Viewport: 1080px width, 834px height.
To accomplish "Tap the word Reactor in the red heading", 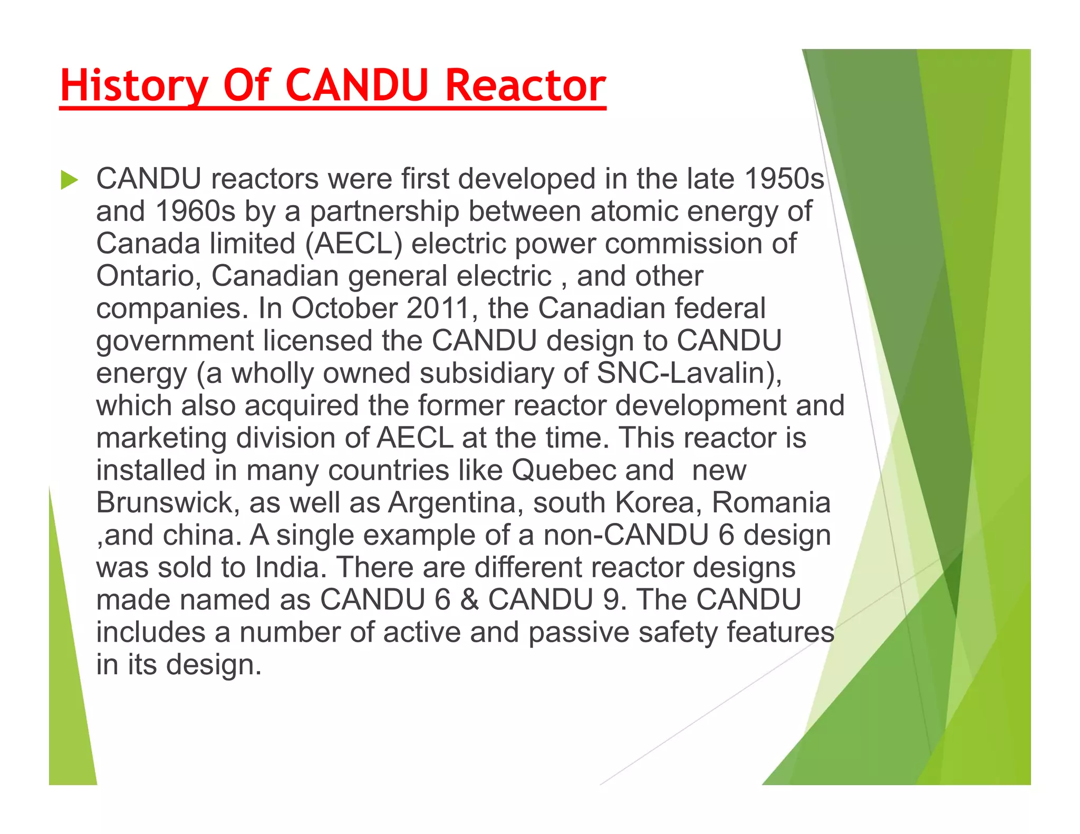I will [x=526, y=85].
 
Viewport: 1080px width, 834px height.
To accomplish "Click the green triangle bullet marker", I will [x=69, y=180].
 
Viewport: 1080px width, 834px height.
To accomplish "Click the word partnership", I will [x=384, y=211].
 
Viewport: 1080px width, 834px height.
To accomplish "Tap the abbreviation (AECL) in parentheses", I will [x=354, y=244].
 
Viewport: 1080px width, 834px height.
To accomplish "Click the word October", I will [x=344, y=308].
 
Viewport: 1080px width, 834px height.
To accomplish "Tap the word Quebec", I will [x=563, y=470].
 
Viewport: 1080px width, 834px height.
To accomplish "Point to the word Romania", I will [x=771, y=503].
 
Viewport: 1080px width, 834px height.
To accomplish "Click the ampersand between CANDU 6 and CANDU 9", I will [x=469, y=600].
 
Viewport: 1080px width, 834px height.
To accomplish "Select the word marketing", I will [x=161, y=438].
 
